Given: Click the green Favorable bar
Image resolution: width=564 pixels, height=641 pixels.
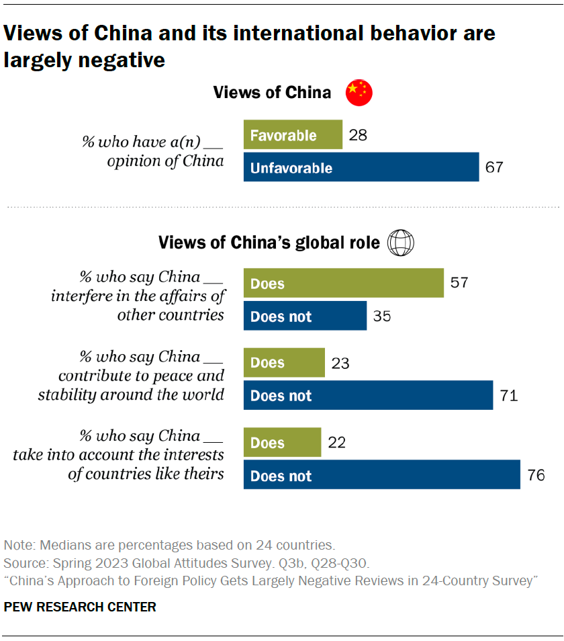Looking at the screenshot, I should pos(293,135).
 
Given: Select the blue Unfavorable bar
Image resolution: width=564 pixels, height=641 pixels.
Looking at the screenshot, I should pos(361,168).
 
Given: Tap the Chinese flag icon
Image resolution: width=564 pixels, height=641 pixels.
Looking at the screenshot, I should pos(359,92).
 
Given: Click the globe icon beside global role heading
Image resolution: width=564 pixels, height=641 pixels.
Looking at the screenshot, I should pos(402,242).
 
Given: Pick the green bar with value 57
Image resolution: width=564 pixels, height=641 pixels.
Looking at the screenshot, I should pos(343,284).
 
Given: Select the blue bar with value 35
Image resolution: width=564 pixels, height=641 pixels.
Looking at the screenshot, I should pos(305,316).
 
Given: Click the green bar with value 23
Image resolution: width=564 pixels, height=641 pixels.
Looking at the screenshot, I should pos(284,363).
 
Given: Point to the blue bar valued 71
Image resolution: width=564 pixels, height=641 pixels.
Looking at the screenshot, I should pos(368,396).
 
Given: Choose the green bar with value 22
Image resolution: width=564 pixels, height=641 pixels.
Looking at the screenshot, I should pos(282,443).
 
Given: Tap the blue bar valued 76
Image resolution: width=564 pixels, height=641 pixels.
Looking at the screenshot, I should pos(381,476).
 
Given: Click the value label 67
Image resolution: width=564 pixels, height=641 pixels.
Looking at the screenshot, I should pos(493,168).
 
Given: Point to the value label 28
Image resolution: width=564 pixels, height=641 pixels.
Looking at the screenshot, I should pos(357,135).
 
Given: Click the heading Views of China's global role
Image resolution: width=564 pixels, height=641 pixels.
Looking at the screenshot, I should pos(269,242).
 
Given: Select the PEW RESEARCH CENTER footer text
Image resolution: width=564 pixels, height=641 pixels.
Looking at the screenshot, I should pos(80,607).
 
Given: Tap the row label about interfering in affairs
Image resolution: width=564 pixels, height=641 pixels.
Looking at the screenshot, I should pos(138,296).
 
